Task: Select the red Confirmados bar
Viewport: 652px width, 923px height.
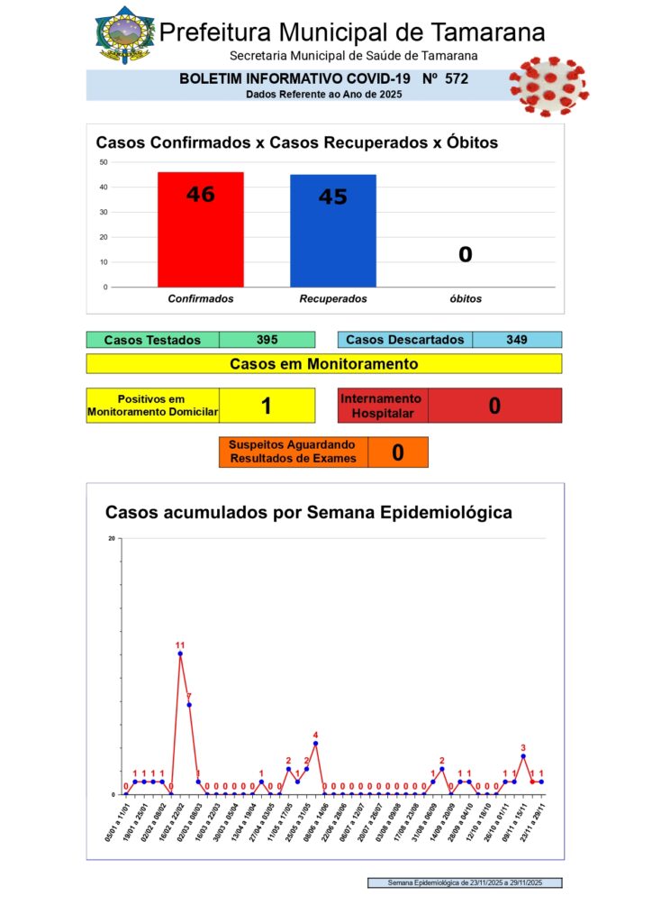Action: pyautogui.click(x=200, y=229)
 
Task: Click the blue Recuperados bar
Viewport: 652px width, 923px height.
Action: pyautogui.click(x=332, y=230)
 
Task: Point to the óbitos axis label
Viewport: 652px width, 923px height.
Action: pyautogui.click(x=465, y=298)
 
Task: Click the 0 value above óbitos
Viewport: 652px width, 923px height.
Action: pyautogui.click(x=465, y=255)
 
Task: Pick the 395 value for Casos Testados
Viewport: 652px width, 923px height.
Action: pyautogui.click(x=267, y=340)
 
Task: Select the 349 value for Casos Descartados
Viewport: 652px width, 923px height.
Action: pyautogui.click(x=516, y=340)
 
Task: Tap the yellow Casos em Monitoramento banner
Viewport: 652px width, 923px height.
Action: pyautogui.click(x=324, y=364)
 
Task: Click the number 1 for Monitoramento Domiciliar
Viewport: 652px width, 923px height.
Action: pyautogui.click(x=267, y=406)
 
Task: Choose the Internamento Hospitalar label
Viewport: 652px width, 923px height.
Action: pyautogui.click(x=382, y=406)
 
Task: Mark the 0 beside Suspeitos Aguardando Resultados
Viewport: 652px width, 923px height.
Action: pyautogui.click(x=397, y=452)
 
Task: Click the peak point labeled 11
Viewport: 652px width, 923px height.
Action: pyautogui.click(x=180, y=653)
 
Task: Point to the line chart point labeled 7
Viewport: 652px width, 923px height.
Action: pyautogui.click(x=189, y=705)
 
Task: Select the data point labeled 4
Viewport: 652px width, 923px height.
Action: pyautogui.click(x=315, y=744)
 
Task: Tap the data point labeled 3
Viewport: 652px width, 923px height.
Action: pyautogui.click(x=523, y=756)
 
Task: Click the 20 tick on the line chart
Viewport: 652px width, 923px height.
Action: pyautogui.click(x=112, y=538)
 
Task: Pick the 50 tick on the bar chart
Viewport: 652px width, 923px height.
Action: pyautogui.click(x=104, y=162)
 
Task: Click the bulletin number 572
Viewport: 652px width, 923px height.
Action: pyautogui.click(x=457, y=79)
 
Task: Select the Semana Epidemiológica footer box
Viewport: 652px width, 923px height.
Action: pyautogui.click(x=465, y=883)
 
